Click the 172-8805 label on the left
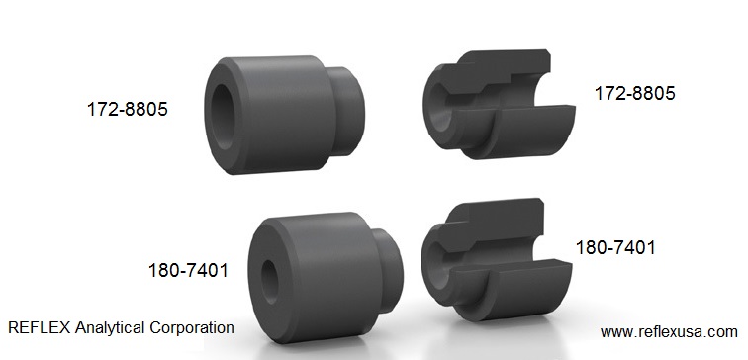point(128,109)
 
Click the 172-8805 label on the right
point(634,93)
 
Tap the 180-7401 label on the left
point(188,271)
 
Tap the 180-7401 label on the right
point(615,248)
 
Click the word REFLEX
point(40,328)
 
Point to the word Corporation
point(192,328)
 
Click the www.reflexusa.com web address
point(669,332)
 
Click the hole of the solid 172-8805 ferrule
point(223,118)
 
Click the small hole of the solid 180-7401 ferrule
point(269,281)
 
